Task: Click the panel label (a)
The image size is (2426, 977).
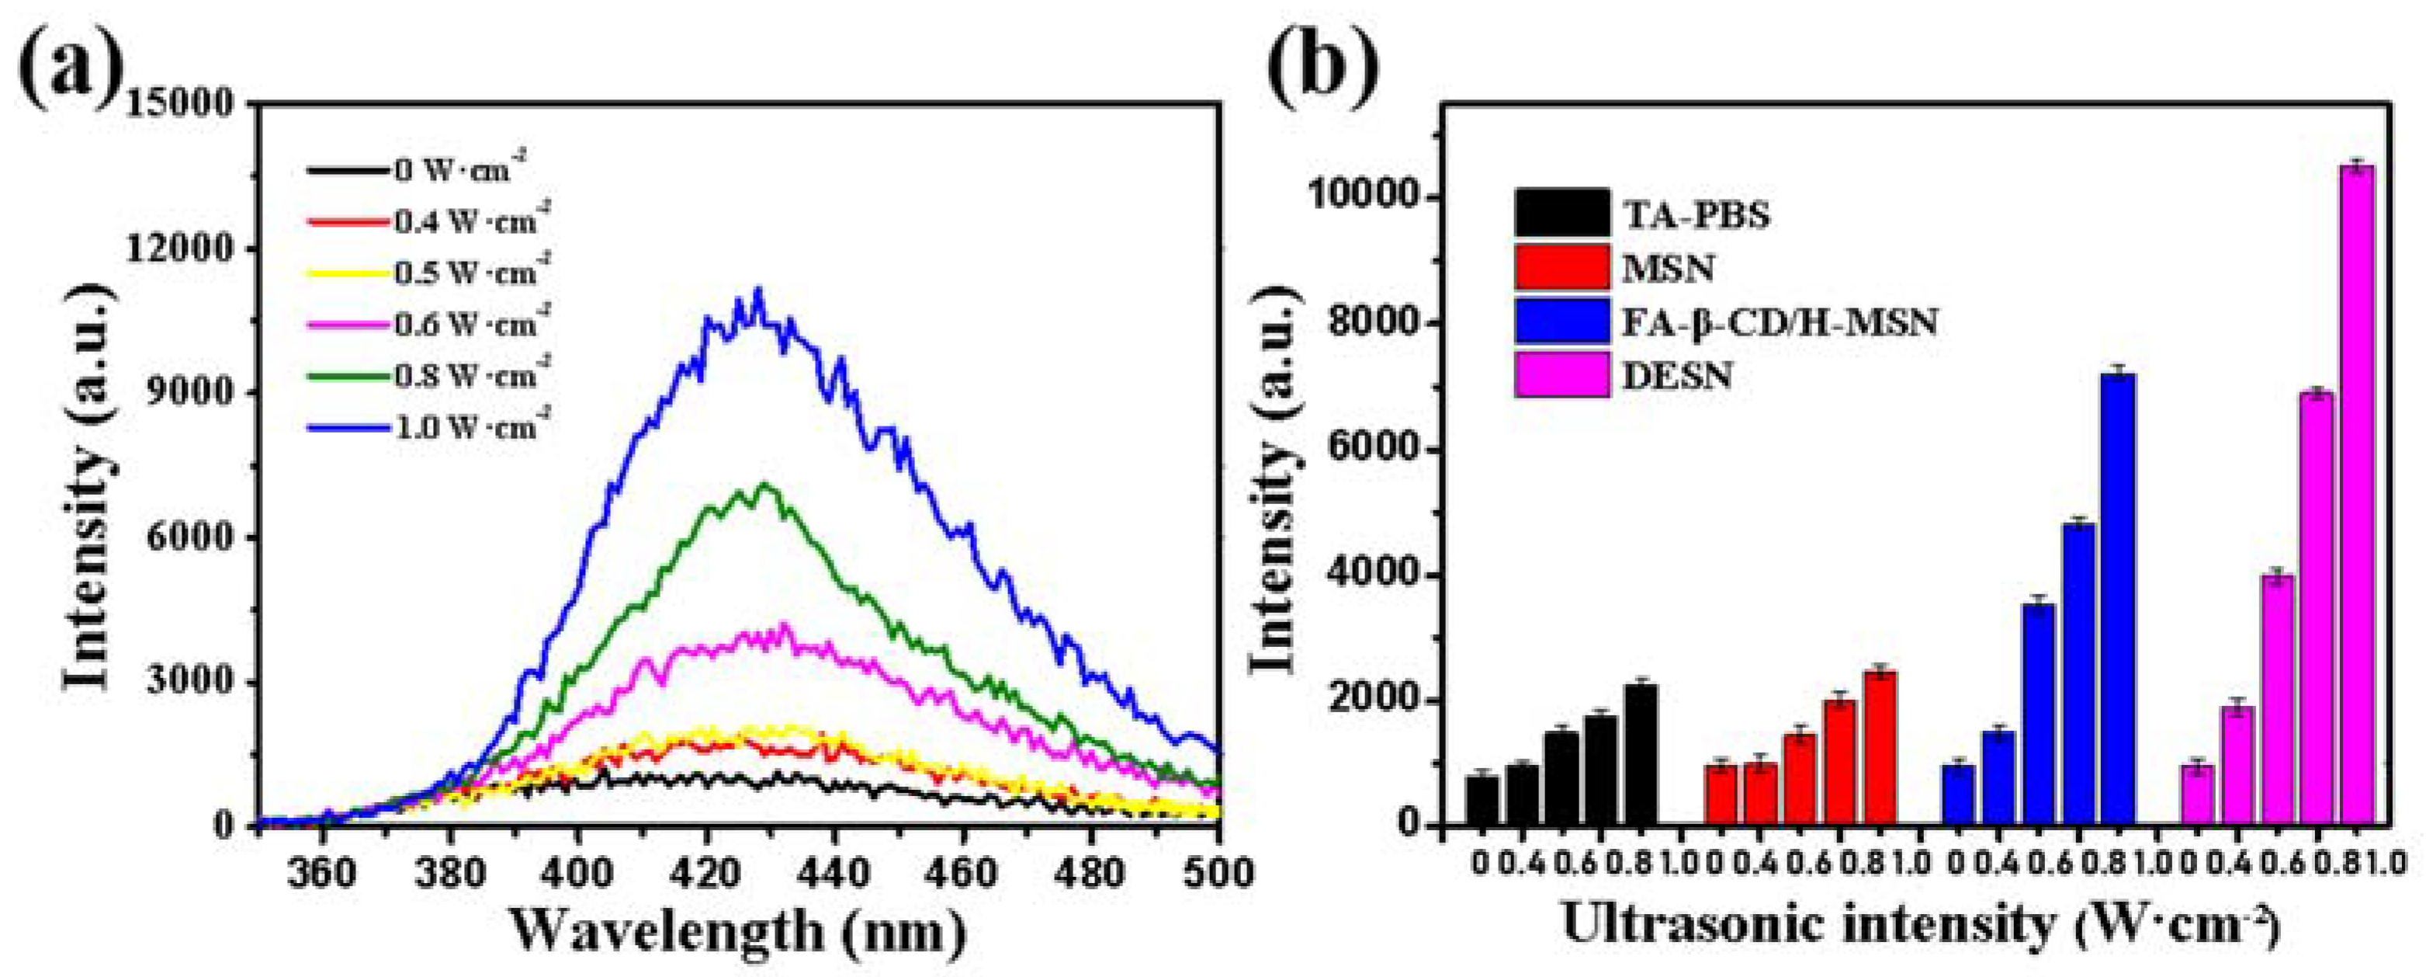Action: pos(71,58)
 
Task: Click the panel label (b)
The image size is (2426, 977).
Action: pos(1323,58)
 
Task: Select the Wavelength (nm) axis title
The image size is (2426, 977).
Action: pos(740,932)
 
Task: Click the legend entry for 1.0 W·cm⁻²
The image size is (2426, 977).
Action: pos(428,427)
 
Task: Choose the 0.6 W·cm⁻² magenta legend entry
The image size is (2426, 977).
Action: pos(428,324)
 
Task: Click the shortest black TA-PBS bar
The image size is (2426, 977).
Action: pos(1482,801)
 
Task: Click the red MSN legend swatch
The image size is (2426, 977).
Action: pos(1562,268)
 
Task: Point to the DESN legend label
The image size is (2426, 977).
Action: pos(1677,376)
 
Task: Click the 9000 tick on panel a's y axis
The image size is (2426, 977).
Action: pos(189,393)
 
